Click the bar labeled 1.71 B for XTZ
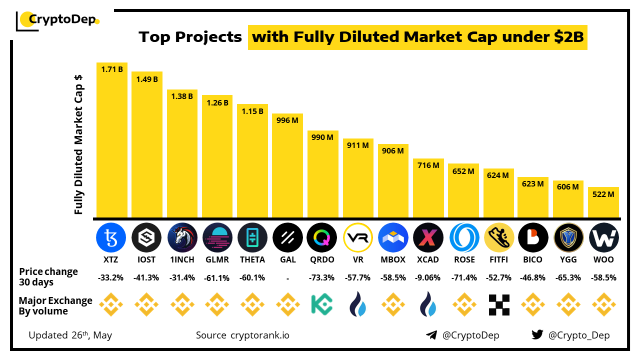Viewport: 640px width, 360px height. pos(112,140)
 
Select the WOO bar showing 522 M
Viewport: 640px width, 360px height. pos(603,202)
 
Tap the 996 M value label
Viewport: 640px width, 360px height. pos(287,120)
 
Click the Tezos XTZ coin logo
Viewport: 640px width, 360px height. pos(111,237)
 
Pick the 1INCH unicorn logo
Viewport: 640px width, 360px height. pos(182,237)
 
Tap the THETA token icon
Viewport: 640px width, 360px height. pos(252,237)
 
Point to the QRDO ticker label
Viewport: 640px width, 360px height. pos(322,260)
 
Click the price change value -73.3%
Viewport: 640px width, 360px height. pos(322,277)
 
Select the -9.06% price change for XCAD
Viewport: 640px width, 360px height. pos(428,277)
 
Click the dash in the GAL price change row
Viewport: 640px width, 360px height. pos(287,277)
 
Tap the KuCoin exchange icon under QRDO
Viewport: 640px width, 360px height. pos(322,304)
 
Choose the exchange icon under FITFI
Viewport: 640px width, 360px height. pos(498,304)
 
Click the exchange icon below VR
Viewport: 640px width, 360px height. pos(358,304)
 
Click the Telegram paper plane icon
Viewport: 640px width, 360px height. pos(431,335)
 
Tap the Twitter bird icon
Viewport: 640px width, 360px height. pos(537,335)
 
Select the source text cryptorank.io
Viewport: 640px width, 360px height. pos(259,335)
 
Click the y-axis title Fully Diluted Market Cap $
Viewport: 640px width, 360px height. pos(78,145)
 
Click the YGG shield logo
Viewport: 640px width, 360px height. pos(568,237)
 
